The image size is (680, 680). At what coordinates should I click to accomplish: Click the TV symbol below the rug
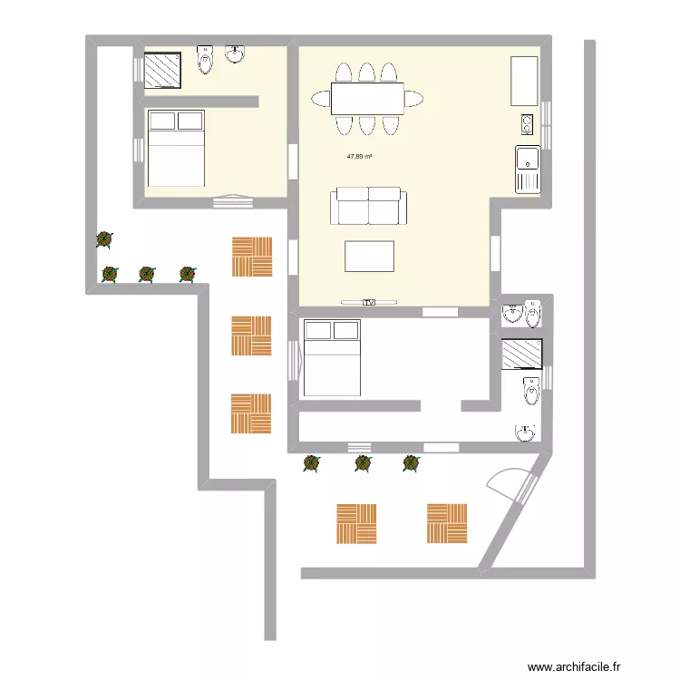[369, 301]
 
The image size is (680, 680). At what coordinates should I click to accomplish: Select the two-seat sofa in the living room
[369, 206]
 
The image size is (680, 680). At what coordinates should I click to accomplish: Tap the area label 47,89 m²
[360, 157]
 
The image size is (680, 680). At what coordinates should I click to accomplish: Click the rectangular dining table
[368, 99]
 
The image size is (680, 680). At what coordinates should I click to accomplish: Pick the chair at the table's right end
[414, 99]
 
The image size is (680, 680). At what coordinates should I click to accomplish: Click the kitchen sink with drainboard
[527, 170]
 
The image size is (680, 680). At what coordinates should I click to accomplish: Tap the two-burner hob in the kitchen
[527, 123]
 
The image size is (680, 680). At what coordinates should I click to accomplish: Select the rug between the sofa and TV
[369, 256]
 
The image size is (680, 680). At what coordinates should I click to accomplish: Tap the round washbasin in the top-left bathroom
[236, 55]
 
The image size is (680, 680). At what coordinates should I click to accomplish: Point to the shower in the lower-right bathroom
[522, 354]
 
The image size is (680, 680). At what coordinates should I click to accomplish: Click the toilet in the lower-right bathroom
[531, 391]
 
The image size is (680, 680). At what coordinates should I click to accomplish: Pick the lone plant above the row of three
[104, 240]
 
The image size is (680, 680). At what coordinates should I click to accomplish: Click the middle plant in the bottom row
[362, 464]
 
